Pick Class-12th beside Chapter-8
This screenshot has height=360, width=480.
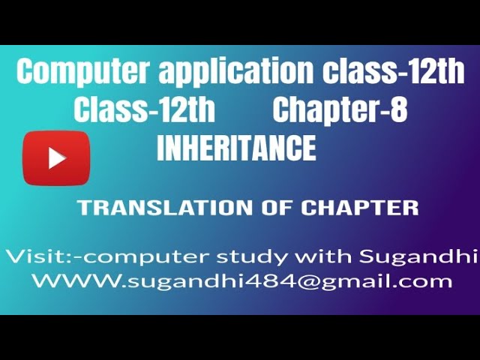coord(144,110)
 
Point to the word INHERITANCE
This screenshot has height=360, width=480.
coord(236,148)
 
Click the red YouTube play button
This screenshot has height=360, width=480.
coord(56,157)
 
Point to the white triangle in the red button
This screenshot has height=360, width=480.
coord(57,157)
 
